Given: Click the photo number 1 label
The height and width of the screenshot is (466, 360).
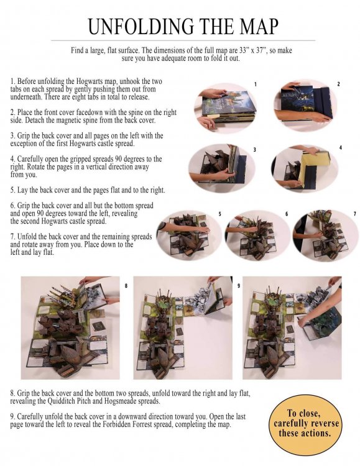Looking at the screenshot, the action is coord(256,85).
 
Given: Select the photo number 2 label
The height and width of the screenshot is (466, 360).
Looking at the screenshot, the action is coord(338,84).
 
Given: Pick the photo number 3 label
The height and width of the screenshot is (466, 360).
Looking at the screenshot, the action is coord(255,150).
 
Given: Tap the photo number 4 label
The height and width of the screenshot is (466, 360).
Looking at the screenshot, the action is coord(341,147).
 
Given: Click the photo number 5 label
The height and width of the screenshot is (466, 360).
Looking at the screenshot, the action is coord(220,214).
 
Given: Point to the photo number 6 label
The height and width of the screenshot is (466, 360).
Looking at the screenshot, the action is coord(287,214).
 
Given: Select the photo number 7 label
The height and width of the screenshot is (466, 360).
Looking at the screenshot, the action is coord(355,214).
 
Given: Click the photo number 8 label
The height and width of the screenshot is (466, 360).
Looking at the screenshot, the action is coord(126,286).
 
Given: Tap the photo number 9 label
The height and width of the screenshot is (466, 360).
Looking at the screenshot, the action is coord(239,286).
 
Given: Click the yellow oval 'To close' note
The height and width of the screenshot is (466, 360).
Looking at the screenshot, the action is coord(305,423).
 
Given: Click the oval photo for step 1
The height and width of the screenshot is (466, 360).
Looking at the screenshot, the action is coord(226,107).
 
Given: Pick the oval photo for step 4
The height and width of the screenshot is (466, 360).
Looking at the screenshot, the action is coord(305,169).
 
